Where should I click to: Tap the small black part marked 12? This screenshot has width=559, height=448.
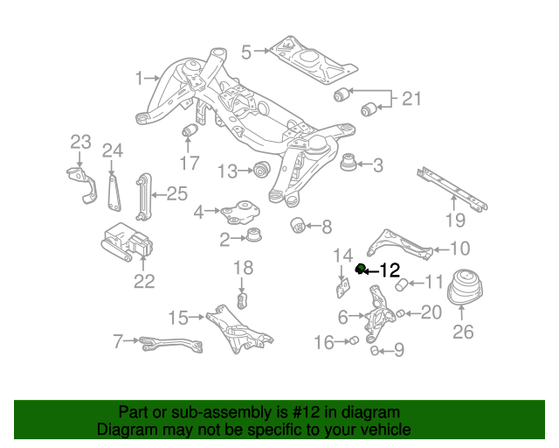360,269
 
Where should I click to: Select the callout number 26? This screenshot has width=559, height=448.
462,332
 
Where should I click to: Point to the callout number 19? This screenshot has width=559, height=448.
453,220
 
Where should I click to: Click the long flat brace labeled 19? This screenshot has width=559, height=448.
451,188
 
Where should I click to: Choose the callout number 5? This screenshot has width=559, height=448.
246,52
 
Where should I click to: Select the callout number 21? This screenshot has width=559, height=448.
411,99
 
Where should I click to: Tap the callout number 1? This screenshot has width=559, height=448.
139,80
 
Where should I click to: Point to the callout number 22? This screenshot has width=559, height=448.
144,281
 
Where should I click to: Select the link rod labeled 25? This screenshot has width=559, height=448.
141,199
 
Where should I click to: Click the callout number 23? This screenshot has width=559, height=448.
80,142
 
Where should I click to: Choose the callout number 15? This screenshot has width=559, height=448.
178,316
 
